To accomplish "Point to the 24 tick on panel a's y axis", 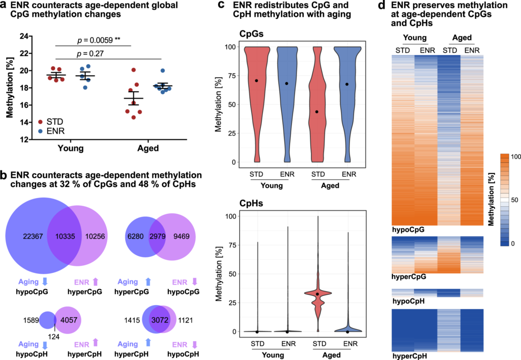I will [23, 36].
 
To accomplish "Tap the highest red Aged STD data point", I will [133, 70].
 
